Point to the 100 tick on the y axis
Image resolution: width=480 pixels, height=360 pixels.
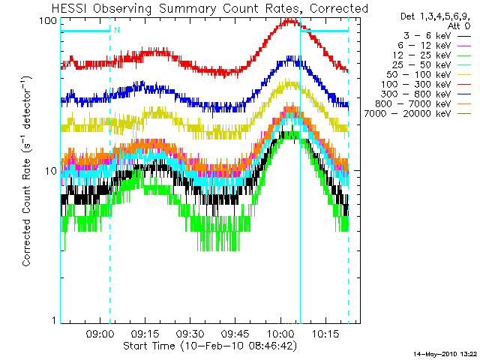48,20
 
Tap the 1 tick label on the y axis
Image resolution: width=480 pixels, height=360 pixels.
54,321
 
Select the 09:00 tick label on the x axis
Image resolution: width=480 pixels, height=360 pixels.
100,333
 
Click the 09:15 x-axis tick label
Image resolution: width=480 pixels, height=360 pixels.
145,333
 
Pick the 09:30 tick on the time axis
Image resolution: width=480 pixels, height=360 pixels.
190,333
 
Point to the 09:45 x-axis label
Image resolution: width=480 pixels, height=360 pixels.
235,333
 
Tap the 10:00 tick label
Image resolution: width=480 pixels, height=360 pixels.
280,333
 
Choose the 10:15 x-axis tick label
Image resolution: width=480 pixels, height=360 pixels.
325,333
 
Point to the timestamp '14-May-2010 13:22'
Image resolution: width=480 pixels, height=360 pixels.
445,353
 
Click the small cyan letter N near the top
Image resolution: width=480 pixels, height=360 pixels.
116,31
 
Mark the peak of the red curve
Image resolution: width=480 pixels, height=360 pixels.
289,21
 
